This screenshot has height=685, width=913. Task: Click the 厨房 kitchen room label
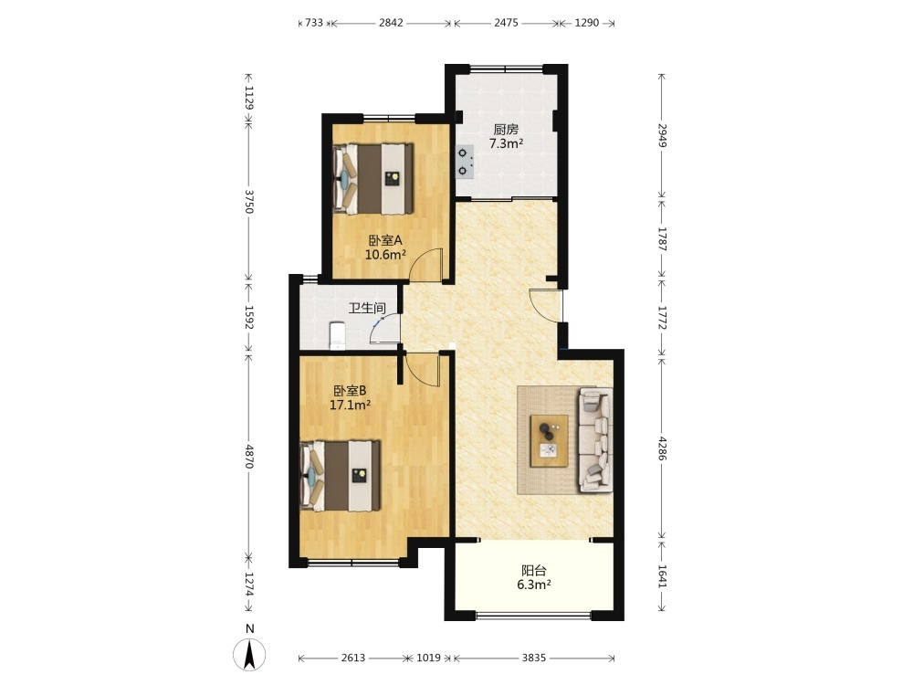[x=506, y=129]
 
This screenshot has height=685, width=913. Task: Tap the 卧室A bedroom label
[x=385, y=240]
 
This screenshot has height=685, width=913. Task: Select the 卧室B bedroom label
[x=350, y=390]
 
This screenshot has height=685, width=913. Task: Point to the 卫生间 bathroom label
[x=367, y=308]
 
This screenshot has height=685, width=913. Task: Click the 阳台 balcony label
[x=533, y=570]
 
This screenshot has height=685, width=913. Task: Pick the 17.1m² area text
[x=350, y=405]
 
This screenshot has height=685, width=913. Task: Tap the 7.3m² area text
[x=506, y=143]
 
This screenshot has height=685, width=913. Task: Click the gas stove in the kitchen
[x=465, y=162]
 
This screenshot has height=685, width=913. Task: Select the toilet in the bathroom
[x=337, y=336]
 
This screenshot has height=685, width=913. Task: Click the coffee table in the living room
[x=549, y=440]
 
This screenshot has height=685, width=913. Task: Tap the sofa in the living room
[x=595, y=440]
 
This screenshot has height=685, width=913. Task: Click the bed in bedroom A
[x=373, y=179]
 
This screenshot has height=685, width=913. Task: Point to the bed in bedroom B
[x=340, y=476]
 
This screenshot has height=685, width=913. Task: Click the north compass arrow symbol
[x=250, y=654]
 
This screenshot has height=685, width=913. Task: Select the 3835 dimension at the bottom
[x=533, y=658]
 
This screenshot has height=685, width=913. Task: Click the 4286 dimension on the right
[x=661, y=448]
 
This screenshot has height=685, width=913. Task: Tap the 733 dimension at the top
[x=314, y=23]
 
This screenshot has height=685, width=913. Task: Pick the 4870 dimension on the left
[x=248, y=457]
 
